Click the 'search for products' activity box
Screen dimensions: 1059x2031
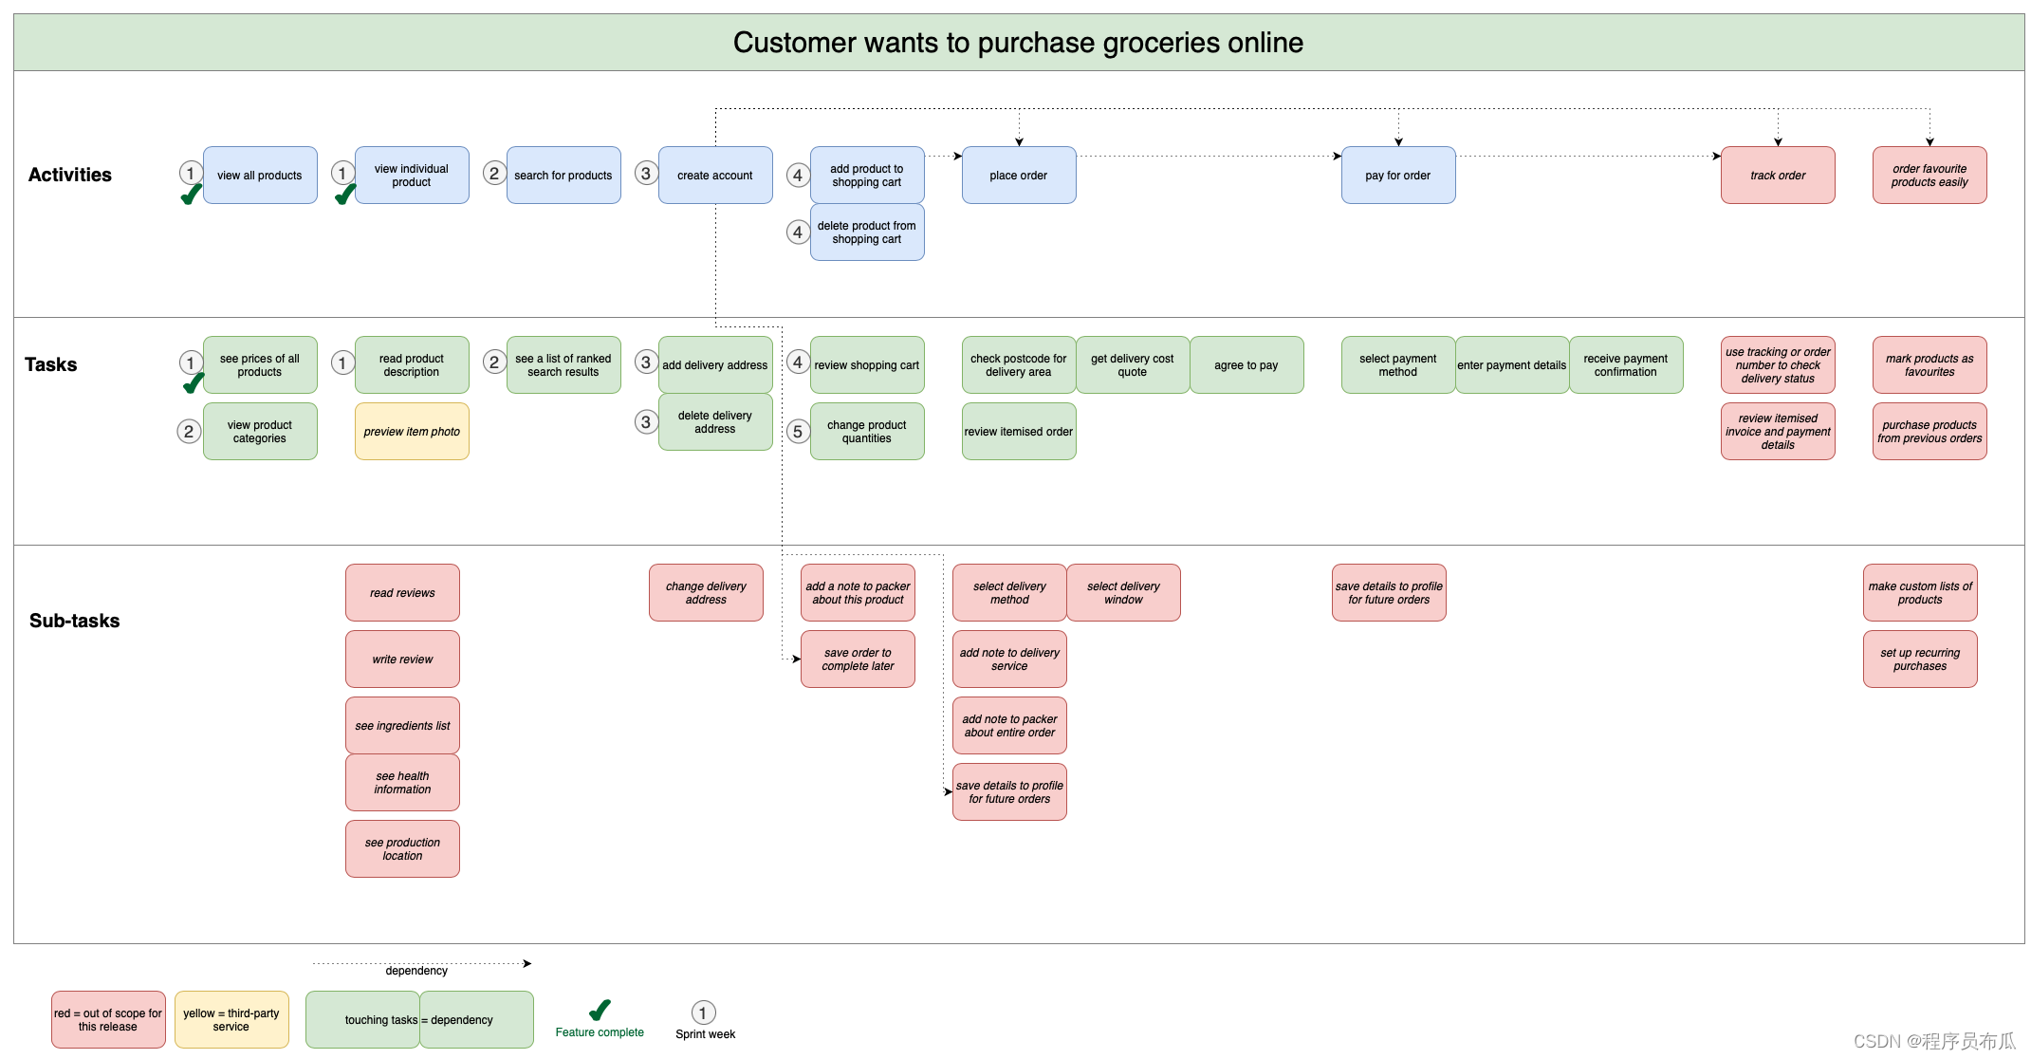pyautogui.click(x=563, y=176)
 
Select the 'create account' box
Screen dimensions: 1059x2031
pyautogui.click(x=715, y=176)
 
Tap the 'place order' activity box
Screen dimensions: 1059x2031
pyautogui.click(x=1019, y=176)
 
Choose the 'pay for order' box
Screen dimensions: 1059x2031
pyautogui.click(x=1398, y=176)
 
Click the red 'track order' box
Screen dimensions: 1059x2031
pyautogui.click(x=1778, y=176)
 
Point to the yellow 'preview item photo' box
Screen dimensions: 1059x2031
pyautogui.click(x=412, y=432)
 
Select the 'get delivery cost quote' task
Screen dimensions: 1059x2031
pyautogui.click(x=1133, y=365)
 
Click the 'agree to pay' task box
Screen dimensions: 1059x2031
pyautogui.click(x=1246, y=365)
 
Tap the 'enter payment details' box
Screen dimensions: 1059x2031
pyautogui.click(x=1512, y=365)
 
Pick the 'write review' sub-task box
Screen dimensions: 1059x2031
pyautogui.click(x=402, y=660)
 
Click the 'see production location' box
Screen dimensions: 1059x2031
pyautogui.click(x=402, y=849)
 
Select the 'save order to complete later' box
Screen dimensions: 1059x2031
pyautogui.click(x=858, y=660)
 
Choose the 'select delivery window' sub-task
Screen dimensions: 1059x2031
pyautogui.click(x=1123, y=593)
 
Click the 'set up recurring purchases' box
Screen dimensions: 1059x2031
pyautogui.click(x=1920, y=660)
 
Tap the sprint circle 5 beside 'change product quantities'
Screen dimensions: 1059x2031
pyautogui.click(x=798, y=432)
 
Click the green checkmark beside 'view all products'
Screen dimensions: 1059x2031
pyautogui.click(x=192, y=194)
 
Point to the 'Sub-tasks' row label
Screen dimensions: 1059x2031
pyautogui.click(x=75, y=621)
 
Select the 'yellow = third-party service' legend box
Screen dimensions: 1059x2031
pyautogui.click(x=231, y=1020)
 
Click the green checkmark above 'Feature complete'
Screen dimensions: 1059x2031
pyautogui.click(x=600, y=1010)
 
